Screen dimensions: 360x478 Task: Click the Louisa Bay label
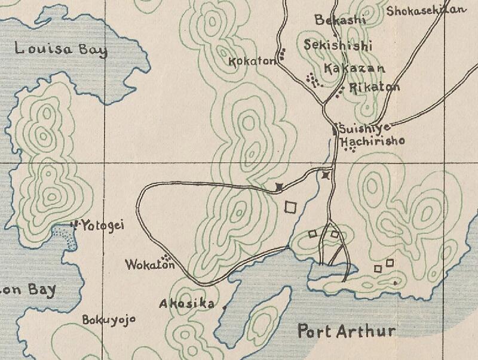pyautogui.click(x=61, y=49)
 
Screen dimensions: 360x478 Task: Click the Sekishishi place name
pyautogui.click(x=338, y=45)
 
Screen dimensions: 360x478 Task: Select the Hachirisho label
pyautogui.click(x=372, y=141)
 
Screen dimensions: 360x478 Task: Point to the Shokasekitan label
pyautogui.click(x=425, y=11)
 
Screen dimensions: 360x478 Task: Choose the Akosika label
pyautogui.click(x=186, y=304)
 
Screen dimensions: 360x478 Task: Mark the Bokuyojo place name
pyautogui.click(x=109, y=319)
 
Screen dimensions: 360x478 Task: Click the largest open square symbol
pyautogui.click(x=291, y=207)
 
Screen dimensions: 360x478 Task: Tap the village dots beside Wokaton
pyautogui.click(x=168, y=257)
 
